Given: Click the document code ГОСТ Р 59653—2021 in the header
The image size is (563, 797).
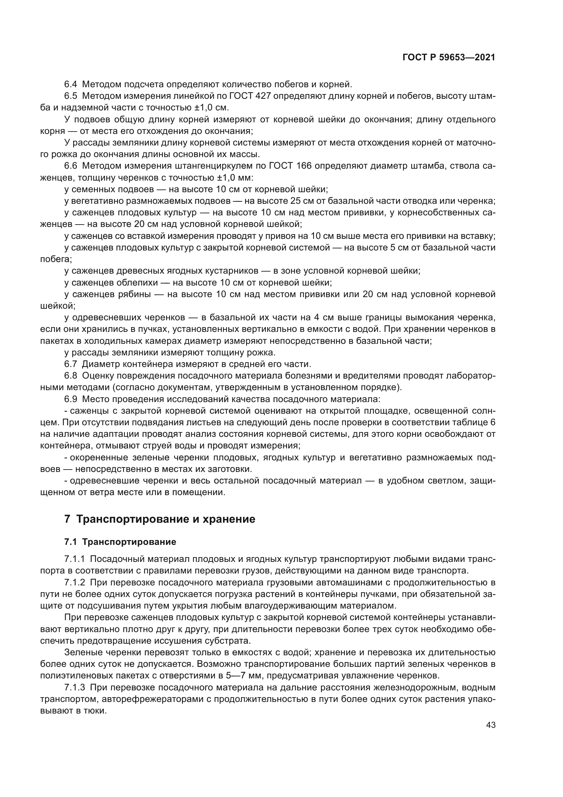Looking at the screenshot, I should (x=449, y=58).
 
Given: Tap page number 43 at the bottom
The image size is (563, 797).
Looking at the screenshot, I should (x=490, y=725).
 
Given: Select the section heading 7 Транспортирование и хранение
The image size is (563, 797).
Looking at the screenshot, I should (x=160, y=519).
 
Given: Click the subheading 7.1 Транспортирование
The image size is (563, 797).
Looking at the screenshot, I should (x=120, y=542).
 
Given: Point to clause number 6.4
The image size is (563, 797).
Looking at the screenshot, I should (x=71, y=85).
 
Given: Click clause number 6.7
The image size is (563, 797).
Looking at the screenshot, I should (x=71, y=364).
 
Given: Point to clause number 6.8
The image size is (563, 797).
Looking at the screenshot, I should (x=71, y=376).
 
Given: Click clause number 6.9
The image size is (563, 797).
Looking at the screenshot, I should (x=71, y=399).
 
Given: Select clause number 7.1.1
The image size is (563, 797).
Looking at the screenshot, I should (x=75, y=559).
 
